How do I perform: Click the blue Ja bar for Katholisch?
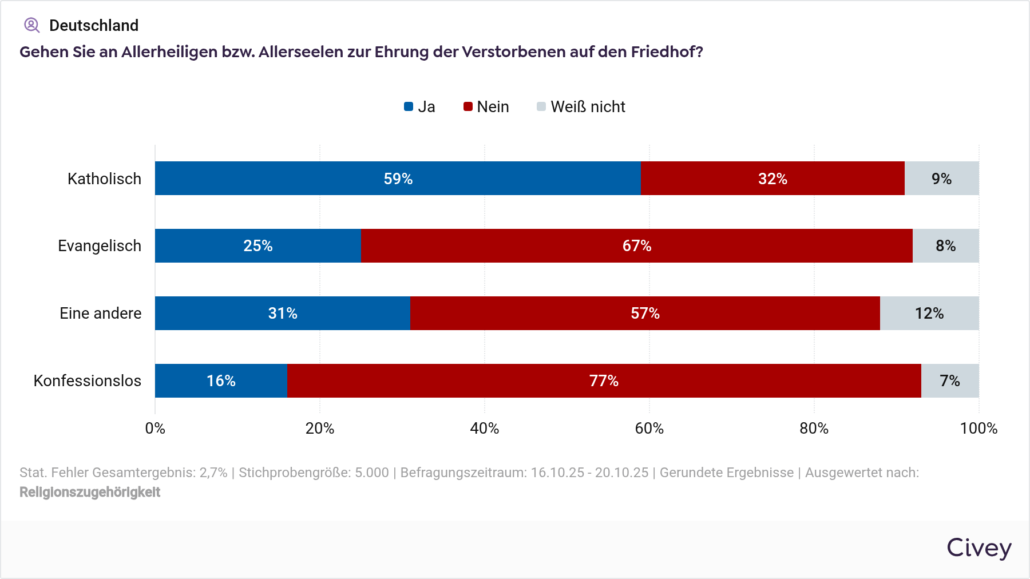coord(398,179)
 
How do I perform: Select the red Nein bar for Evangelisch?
coord(636,246)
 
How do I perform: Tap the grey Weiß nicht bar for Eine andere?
coord(929,314)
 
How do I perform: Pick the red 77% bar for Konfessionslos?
coord(604,381)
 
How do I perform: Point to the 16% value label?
coord(221,381)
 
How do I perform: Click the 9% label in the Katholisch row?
coord(941,179)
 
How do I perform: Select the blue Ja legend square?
coord(409,106)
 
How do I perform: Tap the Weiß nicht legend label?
coord(588,107)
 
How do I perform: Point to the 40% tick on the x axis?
coord(484,429)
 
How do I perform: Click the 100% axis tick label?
coord(978,429)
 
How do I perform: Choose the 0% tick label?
coord(155,429)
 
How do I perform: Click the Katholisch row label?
coord(104,179)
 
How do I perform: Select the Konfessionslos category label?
coord(88,381)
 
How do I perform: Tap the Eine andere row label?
coord(101,314)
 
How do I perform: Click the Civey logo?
coord(978,548)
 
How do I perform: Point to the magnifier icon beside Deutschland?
coord(31,25)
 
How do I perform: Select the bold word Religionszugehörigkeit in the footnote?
coord(90,492)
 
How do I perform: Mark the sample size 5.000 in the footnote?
coord(372,473)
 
